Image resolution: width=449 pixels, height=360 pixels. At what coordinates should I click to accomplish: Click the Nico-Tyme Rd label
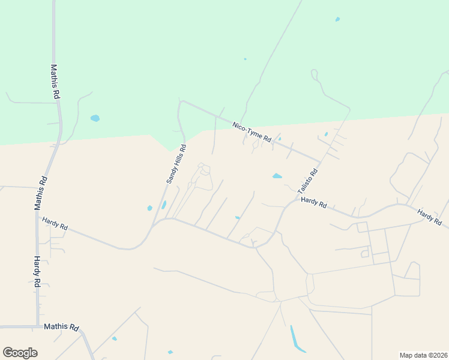252,132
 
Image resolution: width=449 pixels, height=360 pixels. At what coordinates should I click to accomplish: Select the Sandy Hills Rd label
176,164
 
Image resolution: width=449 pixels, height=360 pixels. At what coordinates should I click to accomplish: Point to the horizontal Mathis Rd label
61,328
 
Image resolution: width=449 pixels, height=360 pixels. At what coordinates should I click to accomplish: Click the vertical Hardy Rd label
37,271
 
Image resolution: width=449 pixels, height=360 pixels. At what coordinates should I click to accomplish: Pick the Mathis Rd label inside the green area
54,82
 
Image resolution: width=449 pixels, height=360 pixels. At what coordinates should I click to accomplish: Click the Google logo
20,353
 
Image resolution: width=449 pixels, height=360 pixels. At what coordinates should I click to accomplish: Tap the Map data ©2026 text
423,355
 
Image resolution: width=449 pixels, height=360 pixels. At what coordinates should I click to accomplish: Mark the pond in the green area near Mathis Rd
95,118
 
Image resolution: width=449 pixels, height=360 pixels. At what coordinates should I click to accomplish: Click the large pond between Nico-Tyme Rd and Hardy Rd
277,176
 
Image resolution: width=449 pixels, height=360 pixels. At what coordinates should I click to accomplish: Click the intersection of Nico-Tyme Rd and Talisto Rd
320,161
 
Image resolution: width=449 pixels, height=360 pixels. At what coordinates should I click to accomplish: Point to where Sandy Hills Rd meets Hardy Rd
155,224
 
